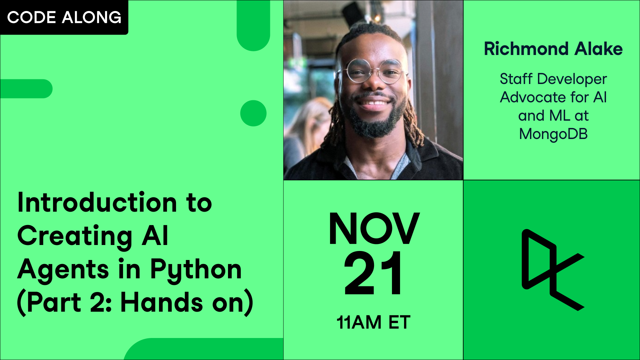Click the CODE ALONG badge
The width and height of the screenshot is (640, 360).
(64, 17)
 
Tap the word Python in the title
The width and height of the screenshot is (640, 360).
(196, 269)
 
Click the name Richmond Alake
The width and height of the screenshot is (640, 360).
(553, 49)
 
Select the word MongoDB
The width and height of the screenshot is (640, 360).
(553, 134)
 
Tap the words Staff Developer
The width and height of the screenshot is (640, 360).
(553, 79)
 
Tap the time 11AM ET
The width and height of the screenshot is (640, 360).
(373, 322)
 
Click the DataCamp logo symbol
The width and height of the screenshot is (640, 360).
(550, 270)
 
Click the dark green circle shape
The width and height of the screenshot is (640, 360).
(253, 113)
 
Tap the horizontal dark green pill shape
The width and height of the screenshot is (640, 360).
(26, 89)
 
